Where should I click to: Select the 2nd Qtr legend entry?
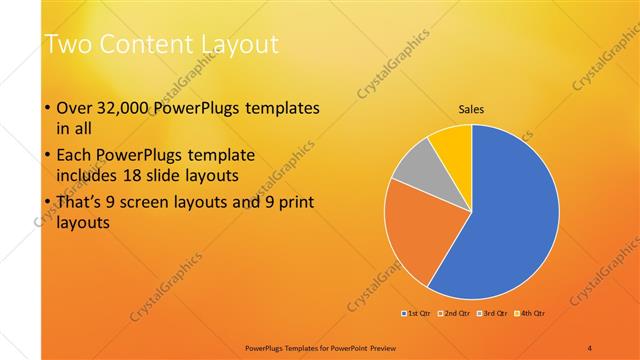(x=457, y=313)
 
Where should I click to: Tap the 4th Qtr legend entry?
(x=531, y=313)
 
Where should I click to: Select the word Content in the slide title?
(x=144, y=44)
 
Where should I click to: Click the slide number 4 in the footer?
(x=590, y=347)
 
